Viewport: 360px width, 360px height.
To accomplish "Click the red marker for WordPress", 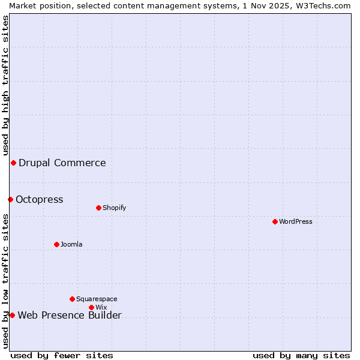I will (x=275, y=221).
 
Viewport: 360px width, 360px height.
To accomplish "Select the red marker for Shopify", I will (x=98, y=208).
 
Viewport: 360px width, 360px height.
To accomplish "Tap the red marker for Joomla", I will (x=56, y=244).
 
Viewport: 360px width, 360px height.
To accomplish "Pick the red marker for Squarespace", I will (x=72, y=299).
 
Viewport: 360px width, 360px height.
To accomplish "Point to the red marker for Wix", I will (x=91, y=307).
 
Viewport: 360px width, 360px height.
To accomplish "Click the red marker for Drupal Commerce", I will (x=13, y=163).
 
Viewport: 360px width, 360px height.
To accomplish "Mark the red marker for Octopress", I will (x=10, y=199).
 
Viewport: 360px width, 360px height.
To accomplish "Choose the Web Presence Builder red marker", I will (x=12, y=315).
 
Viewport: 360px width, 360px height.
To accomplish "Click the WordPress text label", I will (x=296, y=221).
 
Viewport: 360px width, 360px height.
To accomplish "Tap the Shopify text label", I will (x=114, y=208).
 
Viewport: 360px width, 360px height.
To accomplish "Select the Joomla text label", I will (x=71, y=244).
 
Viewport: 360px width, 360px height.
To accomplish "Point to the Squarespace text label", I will (x=97, y=299).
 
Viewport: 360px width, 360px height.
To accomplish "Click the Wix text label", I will (x=101, y=307).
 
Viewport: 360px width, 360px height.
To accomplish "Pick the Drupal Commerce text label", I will (x=62, y=163).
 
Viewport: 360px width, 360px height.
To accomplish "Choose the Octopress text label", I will (x=39, y=199).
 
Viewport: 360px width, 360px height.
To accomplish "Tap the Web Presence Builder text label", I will (x=70, y=315).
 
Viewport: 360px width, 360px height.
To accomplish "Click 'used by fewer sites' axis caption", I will (x=62, y=355).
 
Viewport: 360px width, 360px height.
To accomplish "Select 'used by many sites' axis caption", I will (x=301, y=355).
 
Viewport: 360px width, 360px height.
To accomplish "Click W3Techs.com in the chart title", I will (x=319, y=5).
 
